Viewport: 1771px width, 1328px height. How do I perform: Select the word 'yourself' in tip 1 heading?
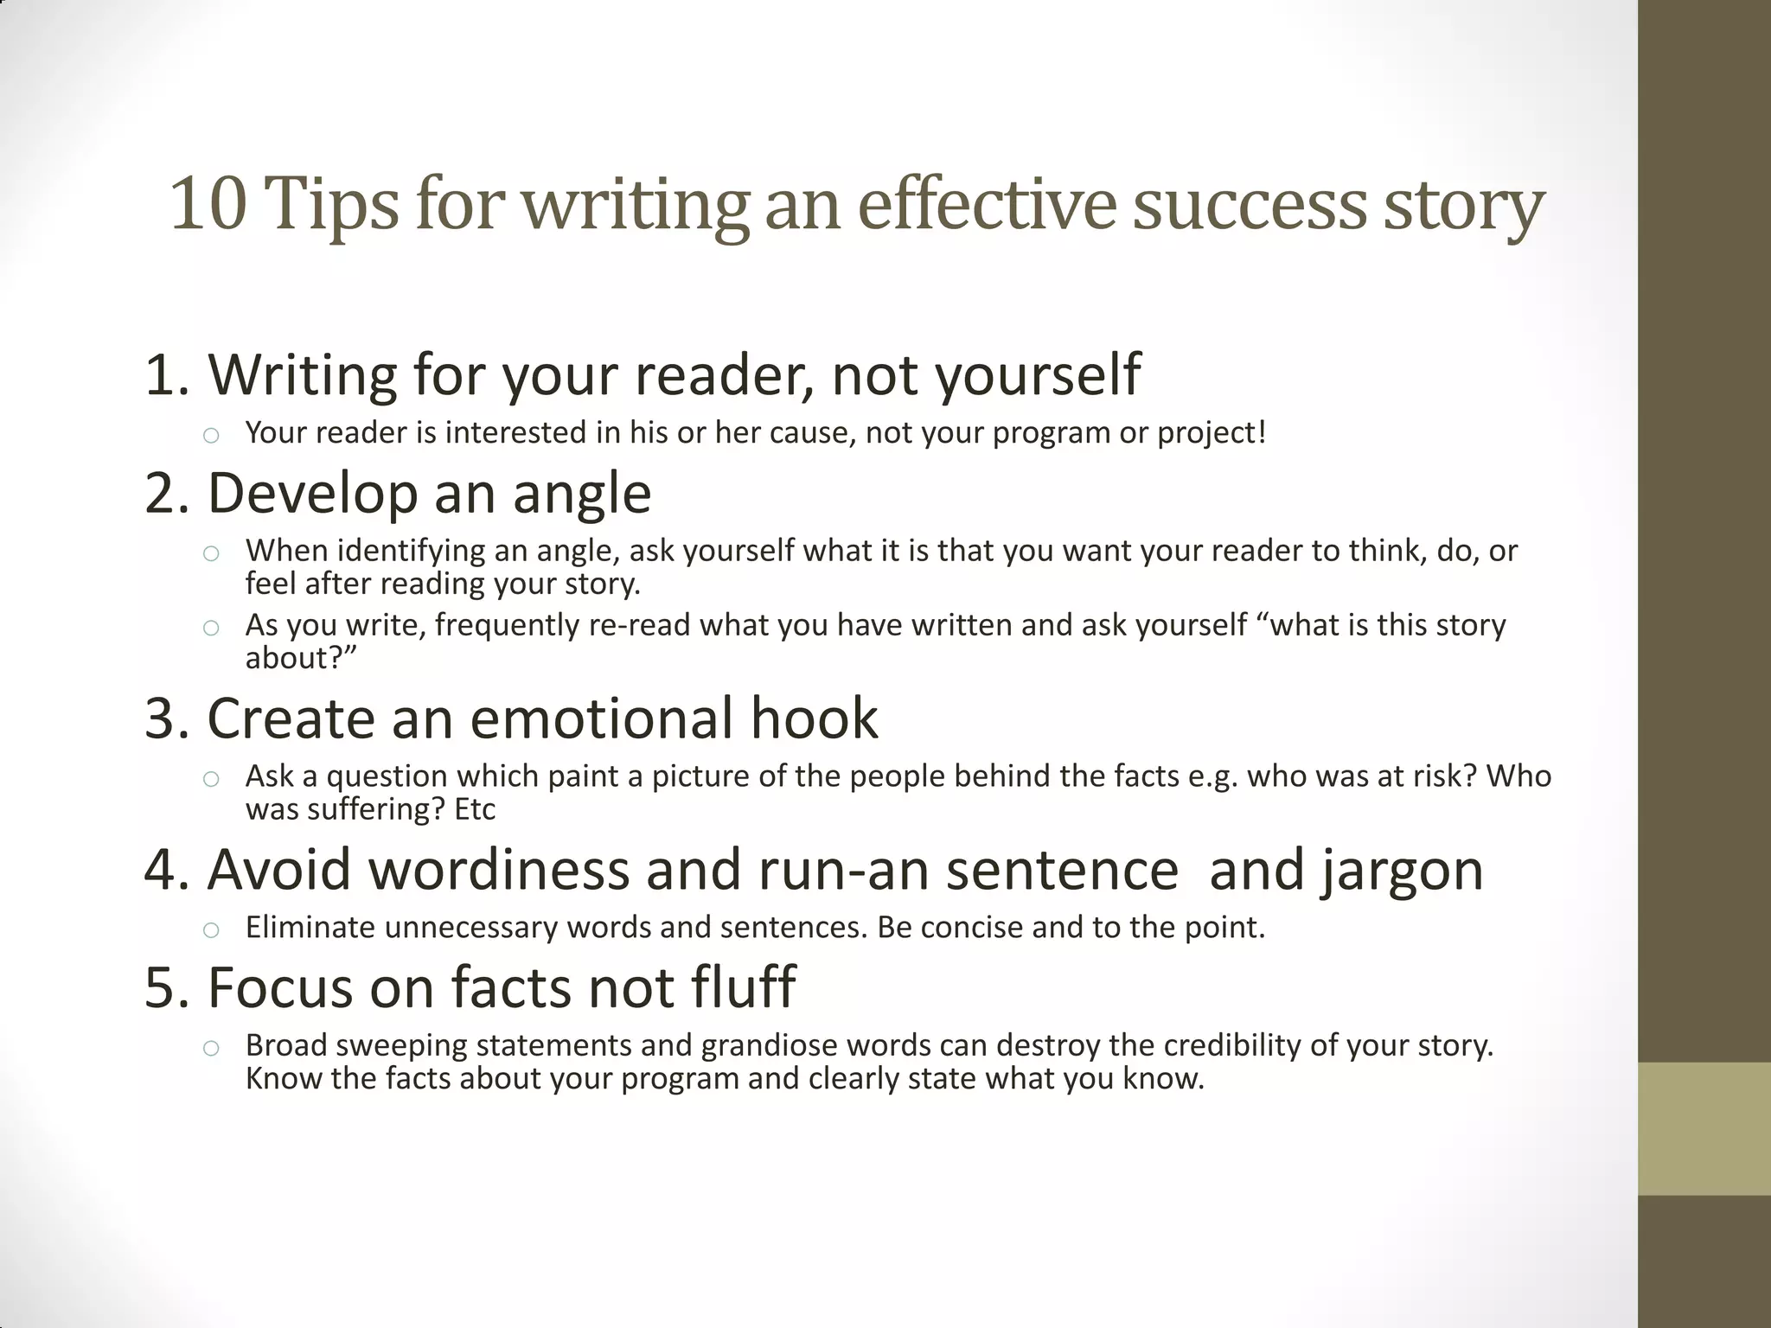(x=1038, y=374)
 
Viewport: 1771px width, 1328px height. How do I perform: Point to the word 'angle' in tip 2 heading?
(x=582, y=493)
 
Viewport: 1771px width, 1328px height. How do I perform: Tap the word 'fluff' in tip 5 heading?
(x=743, y=986)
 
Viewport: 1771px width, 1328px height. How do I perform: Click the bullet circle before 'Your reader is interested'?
(x=211, y=435)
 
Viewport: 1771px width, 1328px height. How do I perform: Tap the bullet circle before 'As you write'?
(x=211, y=628)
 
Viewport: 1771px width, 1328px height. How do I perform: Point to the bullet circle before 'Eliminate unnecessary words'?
(x=211, y=930)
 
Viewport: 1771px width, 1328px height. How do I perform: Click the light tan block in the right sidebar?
(x=1704, y=1128)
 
